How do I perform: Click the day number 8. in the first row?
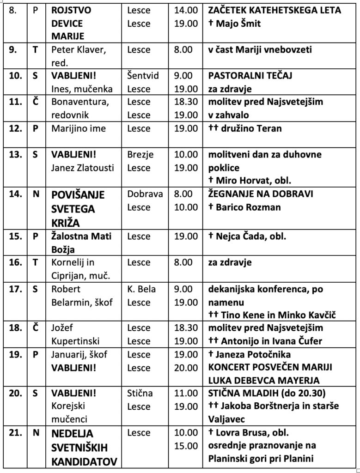pos(13,10)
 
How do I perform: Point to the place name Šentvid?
pos(143,75)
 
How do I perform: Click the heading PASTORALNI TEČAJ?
pos(250,75)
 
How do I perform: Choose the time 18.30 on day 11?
pos(186,102)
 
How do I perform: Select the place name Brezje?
pos(140,154)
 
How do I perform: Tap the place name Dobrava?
pos(145,194)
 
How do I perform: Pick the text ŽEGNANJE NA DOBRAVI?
pos(261,194)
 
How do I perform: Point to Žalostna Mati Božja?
pos(81,243)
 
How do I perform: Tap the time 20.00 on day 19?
pos(186,368)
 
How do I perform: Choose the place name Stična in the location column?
pos(140,394)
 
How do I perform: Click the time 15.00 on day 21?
pos(186,446)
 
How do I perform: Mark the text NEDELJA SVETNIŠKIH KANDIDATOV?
pos(84,447)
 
